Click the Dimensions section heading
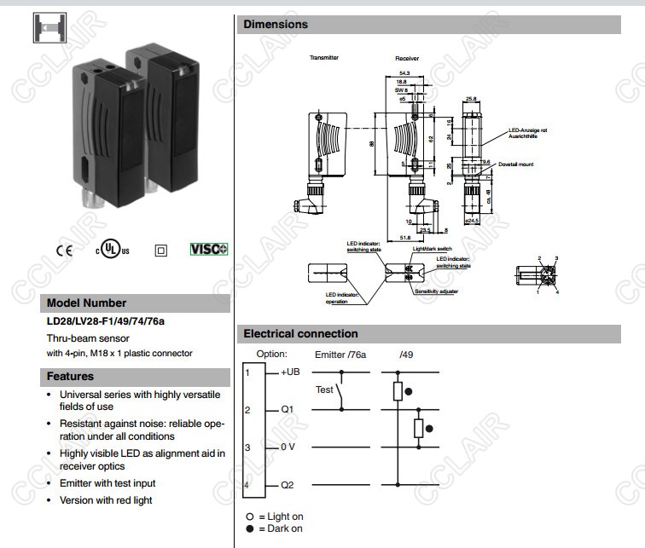point(276,25)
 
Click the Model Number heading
point(86,303)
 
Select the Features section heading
point(70,376)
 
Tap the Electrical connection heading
point(300,333)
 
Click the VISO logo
point(209,250)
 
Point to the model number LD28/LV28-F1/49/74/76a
point(105,321)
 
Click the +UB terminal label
point(289,372)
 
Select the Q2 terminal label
point(287,485)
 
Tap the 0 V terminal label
point(288,447)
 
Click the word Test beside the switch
point(324,389)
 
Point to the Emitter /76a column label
point(340,354)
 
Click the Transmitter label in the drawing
point(324,58)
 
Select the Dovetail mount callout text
point(516,164)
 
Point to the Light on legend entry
point(275,516)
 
